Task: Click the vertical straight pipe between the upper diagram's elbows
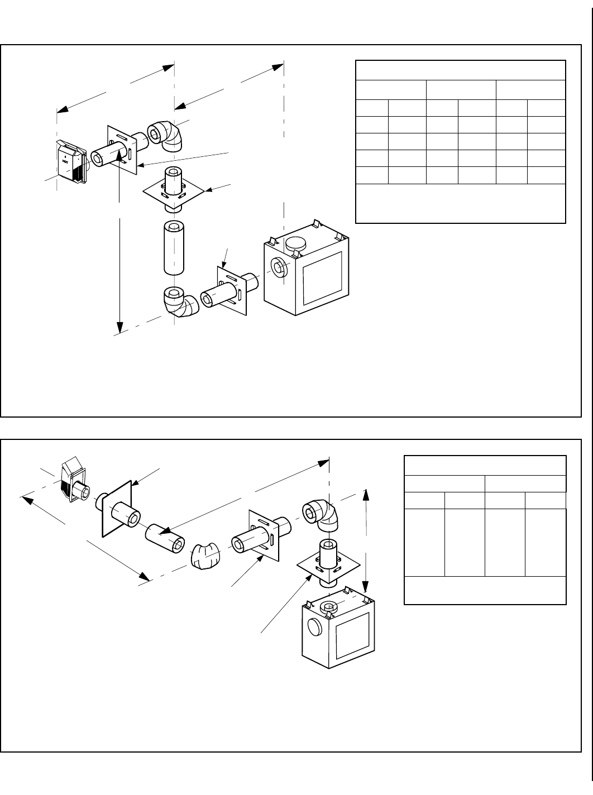pyautogui.click(x=173, y=248)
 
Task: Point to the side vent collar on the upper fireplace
pyautogui.click(x=279, y=267)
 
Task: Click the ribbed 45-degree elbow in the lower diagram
pyautogui.click(x=203, y=555)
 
